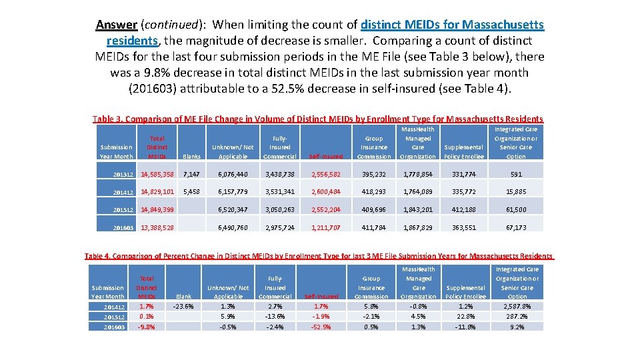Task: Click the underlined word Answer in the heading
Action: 117,25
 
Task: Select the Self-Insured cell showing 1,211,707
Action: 325,227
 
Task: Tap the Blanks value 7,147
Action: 191,175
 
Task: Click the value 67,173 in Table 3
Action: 516,227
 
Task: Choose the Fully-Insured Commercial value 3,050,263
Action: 280,209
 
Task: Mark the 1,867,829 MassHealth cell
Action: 419,227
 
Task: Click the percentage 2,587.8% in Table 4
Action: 517,307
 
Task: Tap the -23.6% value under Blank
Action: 183,307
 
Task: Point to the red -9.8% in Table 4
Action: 147,327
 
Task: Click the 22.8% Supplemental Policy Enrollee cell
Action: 465,317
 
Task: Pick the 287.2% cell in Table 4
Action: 517,317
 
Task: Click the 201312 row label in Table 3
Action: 117,175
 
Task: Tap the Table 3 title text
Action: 318,119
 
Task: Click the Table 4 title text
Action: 318,256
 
